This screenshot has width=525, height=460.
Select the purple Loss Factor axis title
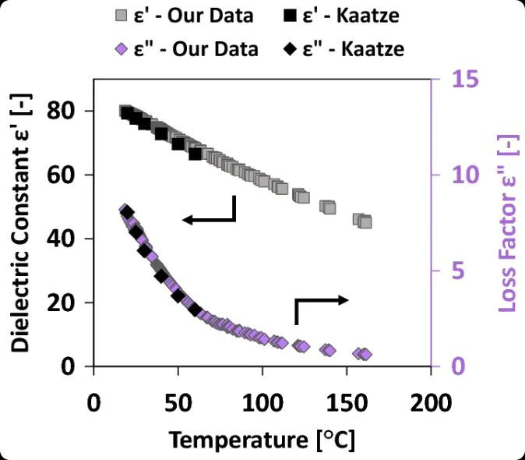[508, 223]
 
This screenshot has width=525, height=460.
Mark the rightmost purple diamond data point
[365, 355]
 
